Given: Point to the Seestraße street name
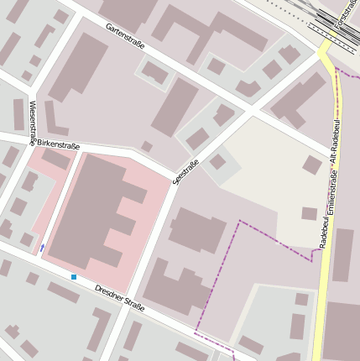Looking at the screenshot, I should click(x=185, y=171).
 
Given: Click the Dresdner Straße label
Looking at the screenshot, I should click(x=119, y=298).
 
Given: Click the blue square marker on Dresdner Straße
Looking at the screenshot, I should click(x=74, y=277).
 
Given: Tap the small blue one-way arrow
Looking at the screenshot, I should click(x=42, y=248).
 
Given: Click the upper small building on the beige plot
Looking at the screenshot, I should click(x=311, y=165).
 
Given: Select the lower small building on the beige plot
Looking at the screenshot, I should click(x=309, y=213).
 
